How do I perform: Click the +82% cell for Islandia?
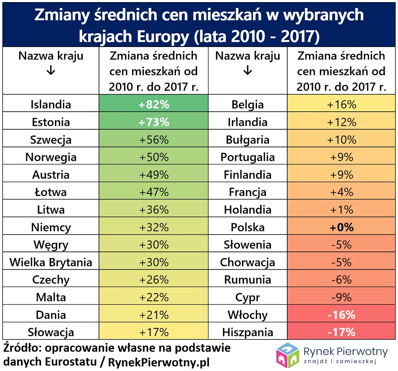click(x=153, y=105)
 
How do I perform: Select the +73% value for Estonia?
click(x=153, y=122)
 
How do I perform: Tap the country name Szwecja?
click(x=51, y=140)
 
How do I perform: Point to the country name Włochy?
click(x=247, y=315)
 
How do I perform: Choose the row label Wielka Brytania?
click(x=51, y=262)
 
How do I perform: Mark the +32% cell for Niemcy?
click(x=153, y=227)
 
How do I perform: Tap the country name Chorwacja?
click(x=247, y=262)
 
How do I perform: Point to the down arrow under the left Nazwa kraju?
click(x=51, y=71)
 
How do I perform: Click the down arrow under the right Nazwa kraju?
click(x=247, y=71)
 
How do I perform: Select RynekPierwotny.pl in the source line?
click(x=159, y=361)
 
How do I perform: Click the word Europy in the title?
click(x=163, y=37)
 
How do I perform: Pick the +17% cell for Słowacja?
click(x=153, y=332)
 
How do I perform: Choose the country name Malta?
click(x=51, y=298)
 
